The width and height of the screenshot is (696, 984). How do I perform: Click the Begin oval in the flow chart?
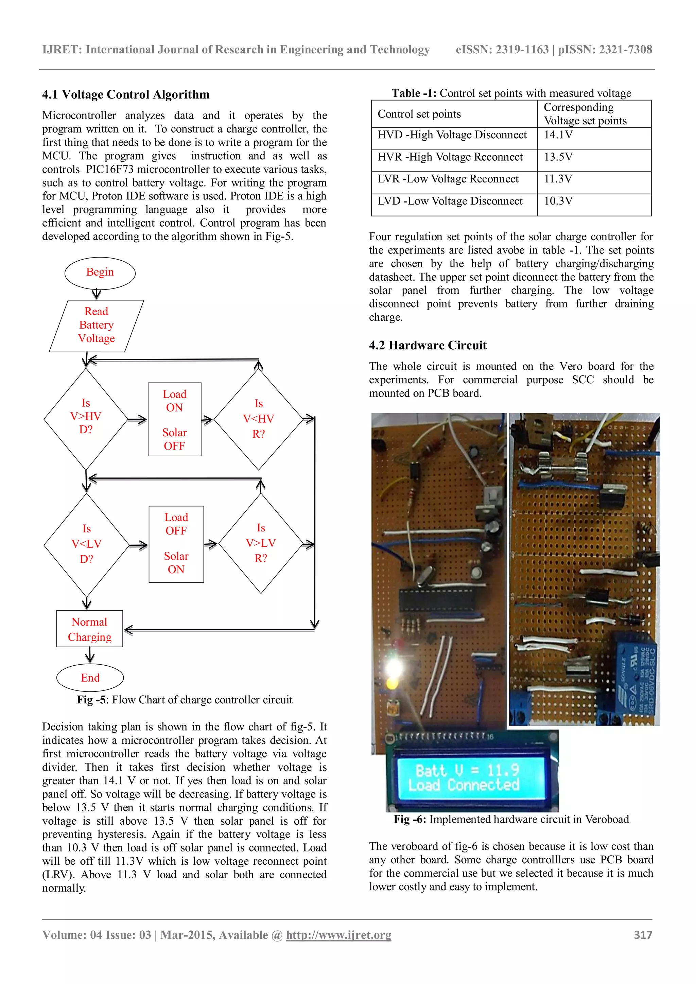100,273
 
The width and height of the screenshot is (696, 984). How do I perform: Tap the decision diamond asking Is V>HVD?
86,418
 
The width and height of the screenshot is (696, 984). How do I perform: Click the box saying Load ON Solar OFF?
174,420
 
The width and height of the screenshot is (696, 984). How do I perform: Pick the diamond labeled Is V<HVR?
258,419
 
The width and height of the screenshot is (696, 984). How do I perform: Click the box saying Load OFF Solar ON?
176,544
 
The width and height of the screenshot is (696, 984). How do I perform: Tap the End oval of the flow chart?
90,678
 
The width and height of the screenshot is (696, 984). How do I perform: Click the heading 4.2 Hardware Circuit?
428,346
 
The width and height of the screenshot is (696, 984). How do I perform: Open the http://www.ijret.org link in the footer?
338,935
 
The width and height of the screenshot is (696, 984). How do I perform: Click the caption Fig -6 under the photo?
511,819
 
